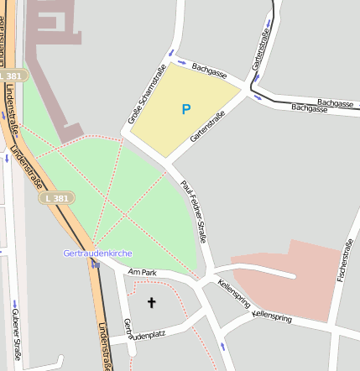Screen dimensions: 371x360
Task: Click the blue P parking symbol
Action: click(185, 108)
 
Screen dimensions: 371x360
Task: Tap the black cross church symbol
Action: click(152, 302)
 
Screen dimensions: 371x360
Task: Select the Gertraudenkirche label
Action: click(97, 253)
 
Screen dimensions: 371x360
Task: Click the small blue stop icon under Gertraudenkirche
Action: click(96, 264)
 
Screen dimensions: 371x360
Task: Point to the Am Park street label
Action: click(142, 272)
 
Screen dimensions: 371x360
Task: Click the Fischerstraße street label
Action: click(343, 260)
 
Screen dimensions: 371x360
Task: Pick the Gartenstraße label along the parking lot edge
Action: click(207, 126)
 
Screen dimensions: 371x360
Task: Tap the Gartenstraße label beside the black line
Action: click(258, 55)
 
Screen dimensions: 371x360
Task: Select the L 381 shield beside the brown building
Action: click(13, 76)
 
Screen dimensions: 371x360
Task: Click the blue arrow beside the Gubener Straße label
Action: click(14, 302)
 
